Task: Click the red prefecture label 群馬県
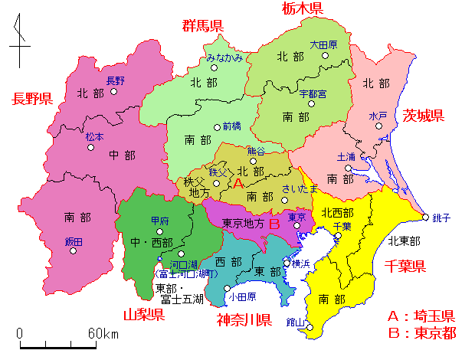pyautogui.click(x=202, y=26)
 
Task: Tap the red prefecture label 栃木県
pyautogui.click(x=302, y=8)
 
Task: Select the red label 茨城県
pyautogui.click(x=424, y=116)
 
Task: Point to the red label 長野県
pyautogui.click(x=31, y=98)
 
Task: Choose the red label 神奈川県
pyautogui.click(x=244, y=319)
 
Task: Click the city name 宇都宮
pyautogui.click(x=313, y=93)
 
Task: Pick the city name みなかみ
pyautogui.click(x=225, y=57)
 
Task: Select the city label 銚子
pyautogui.click(x=441, y=218)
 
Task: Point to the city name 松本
pyautogui.click(x=94, y=136)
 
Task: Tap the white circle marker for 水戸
pyautogui.click(x=378, y=127)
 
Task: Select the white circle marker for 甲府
pyautogui.click(x=160, y=230)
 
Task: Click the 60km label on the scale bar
pyautogui.click(x=103, y=334)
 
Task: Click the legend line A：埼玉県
pyautogui.click(x=421, y=316)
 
